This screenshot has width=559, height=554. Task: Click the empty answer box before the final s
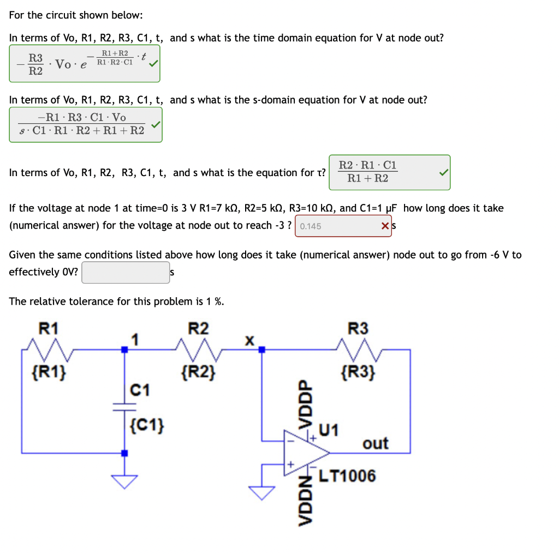pyautogui.click(x=126, y=272)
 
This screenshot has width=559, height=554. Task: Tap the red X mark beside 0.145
pyautogui.click(x=385, y=226)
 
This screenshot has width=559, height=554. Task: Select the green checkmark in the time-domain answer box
pyautogui.click(x=154, y=63)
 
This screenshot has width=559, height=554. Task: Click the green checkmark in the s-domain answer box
pyautogui.click(x=155, y=125)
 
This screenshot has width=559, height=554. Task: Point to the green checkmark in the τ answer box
pyautogui.click(x=443, y=172)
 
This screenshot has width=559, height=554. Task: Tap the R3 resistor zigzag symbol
pyautogui.click(x=357, y=346)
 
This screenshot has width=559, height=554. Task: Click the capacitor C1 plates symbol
pyautogui.click(x=124, y=406)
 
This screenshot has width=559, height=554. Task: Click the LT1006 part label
pyautogui.click(x=347, y=476)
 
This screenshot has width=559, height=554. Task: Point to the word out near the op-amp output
pyautogui.click(x=376, y=443)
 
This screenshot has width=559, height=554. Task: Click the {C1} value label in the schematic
pyautogui.click(x=148, y=425)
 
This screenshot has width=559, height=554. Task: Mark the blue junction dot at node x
pyautogui.click(x=262, y=350)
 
